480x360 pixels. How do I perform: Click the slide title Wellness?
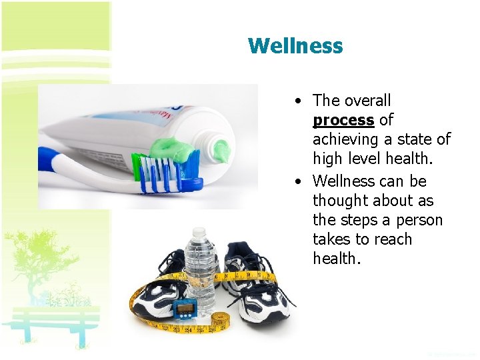pyautogui.click(x=295, y=46)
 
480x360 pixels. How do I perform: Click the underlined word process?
pyautogui.click(x=343, y=120)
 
